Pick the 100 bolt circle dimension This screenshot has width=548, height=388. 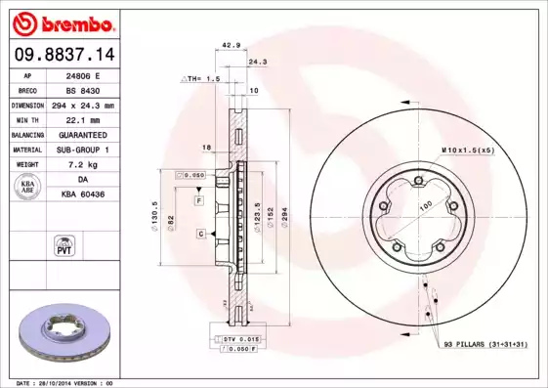coord(426,207)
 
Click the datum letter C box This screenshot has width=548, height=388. coord(200,234)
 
